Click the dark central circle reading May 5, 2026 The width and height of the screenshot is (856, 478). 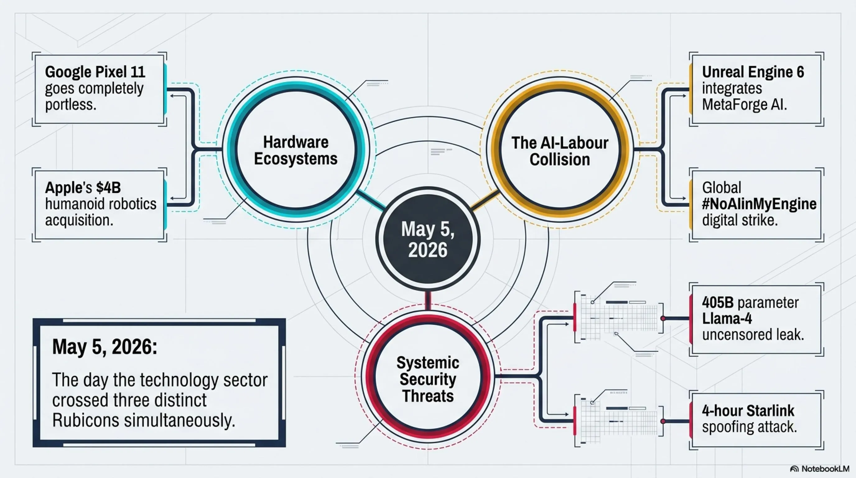click(428, 239)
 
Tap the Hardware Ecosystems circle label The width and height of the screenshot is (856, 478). click(296, 150)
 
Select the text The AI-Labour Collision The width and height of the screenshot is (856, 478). click(560, 151)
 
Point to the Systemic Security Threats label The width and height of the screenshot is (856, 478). click(428, 379)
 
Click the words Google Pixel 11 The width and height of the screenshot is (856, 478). click(95, 72)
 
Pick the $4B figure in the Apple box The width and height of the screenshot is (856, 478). click(108, 187)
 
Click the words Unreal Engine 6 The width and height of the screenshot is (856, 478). click(753, 72)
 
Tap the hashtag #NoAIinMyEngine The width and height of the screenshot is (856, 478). click(759, 204)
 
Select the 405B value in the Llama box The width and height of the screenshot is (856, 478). click(718, 302)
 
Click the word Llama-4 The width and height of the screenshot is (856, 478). click(727, 318)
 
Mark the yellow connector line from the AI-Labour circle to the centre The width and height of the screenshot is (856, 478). click(486, 200)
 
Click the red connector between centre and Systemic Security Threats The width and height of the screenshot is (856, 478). click(428, 301)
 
